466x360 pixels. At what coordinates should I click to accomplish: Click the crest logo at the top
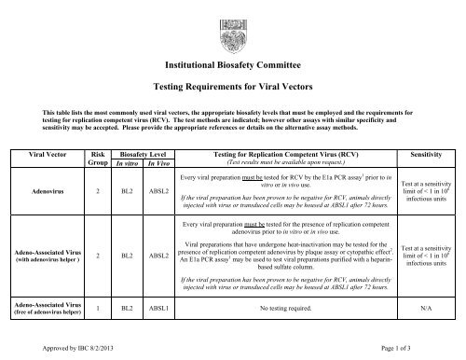click(x=233, y=21)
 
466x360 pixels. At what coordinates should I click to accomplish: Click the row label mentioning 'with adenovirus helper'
click(x=54, y=257)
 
